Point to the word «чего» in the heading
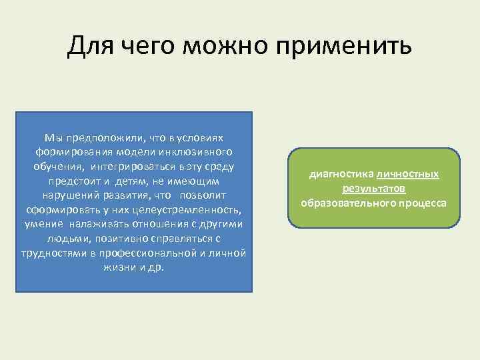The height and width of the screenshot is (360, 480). click(149, 47)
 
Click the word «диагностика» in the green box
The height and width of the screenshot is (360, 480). click(341, 175)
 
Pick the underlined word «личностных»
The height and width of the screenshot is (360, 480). click(408, 175)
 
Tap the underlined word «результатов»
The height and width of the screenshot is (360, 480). click(374, 189)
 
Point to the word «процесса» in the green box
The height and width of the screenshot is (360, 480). click(421, 203)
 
